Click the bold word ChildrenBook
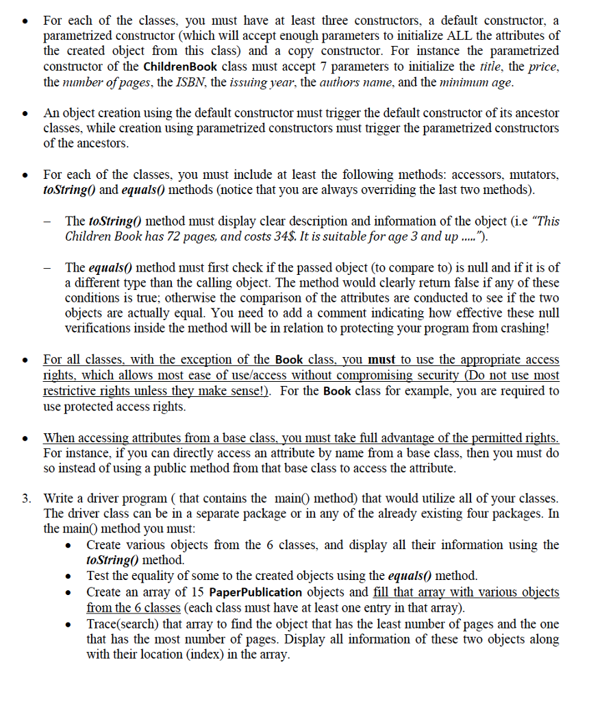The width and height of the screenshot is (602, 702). click(179, 66)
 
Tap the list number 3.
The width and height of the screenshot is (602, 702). click(26, 498)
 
